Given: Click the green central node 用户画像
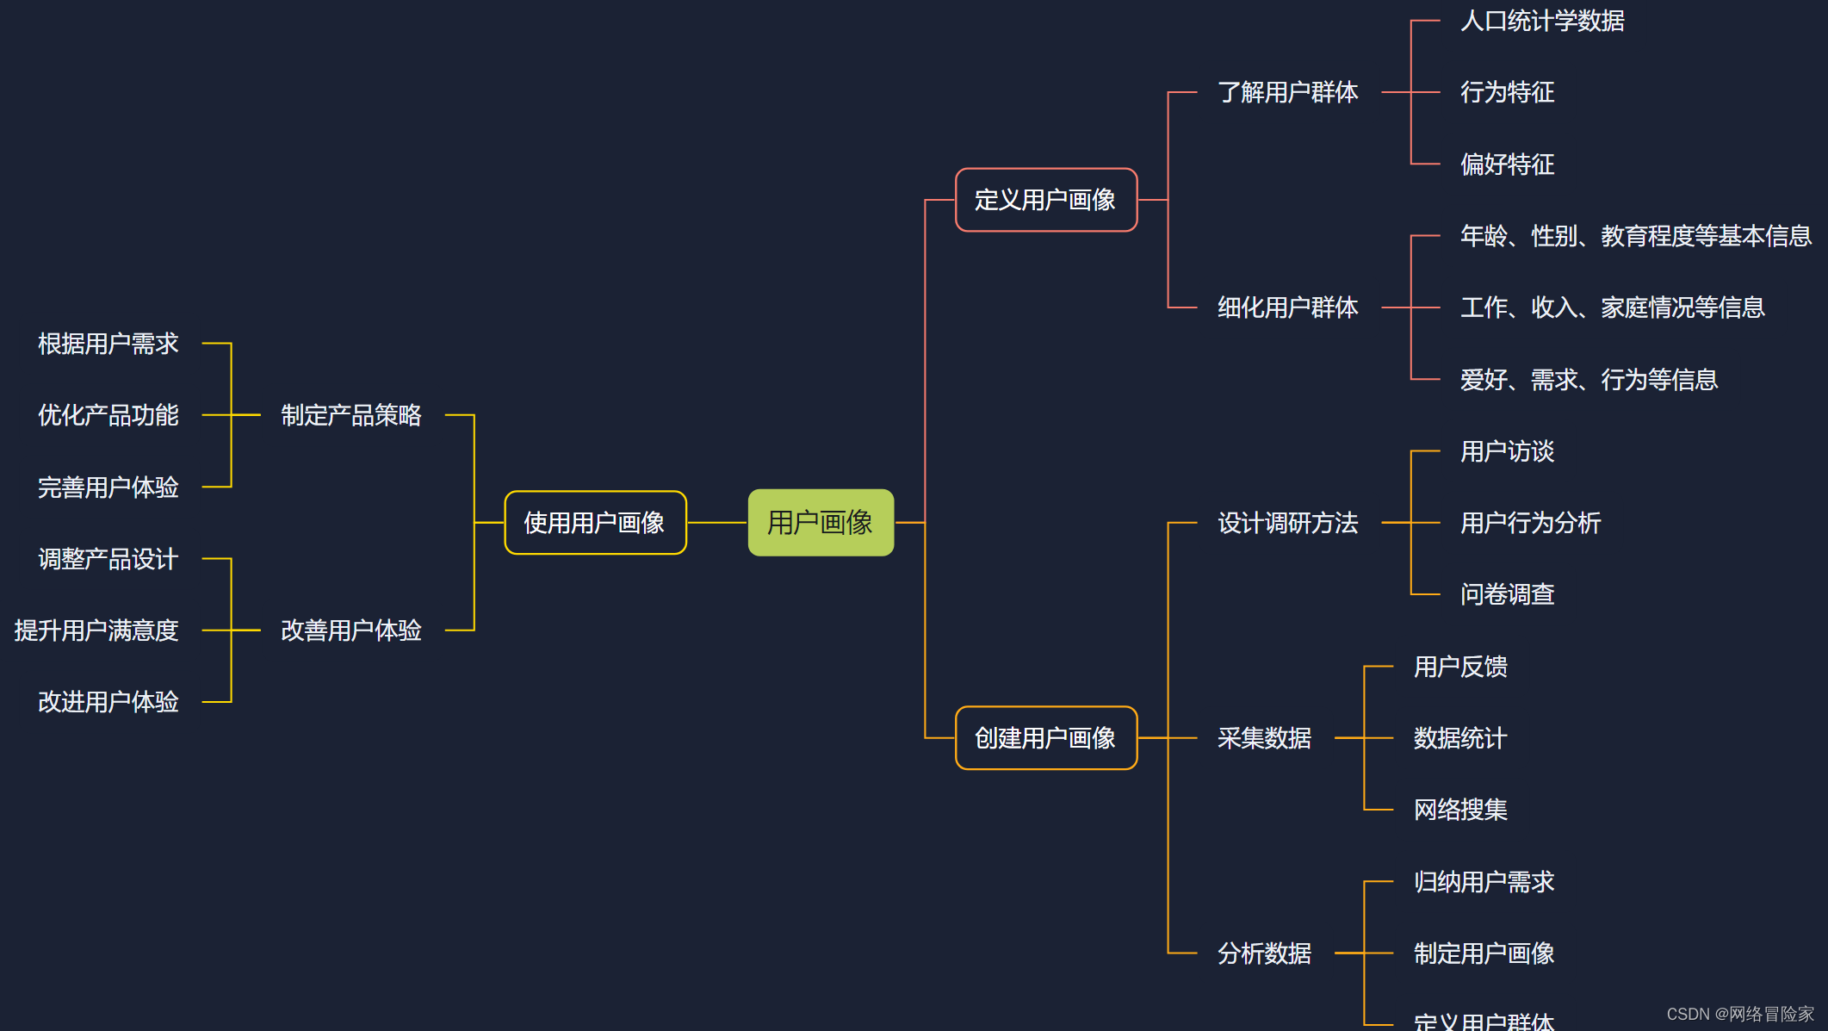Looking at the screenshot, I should [x=821, y=523].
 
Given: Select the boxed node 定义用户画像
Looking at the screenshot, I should [x=1045, y=200].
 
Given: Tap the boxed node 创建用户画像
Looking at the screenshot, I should [x=1045, y=738].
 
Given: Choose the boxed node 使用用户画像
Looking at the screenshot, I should [x=595, y=523].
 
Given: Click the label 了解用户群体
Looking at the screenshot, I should [x=1287, y=92].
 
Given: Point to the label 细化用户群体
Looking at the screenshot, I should [x=1287, y=307].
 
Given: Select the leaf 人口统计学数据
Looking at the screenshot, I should [x=1542, y=21].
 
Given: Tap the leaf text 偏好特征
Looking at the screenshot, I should [x=1507, y=165].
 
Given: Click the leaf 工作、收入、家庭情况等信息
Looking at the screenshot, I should [x=1612, y=307].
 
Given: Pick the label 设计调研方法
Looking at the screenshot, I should [x=1287, y=523].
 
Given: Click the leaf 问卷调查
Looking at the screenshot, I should [x=1507, y=594].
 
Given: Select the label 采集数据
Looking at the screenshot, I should [x=1264, y=738].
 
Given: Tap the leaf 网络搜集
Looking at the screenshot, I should [x=1460, y=810].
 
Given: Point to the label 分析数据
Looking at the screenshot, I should [x=1264, y=953].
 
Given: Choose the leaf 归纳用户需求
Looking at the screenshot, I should [x=1484, y=882].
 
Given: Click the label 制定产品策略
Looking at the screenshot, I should [x=351, y=415].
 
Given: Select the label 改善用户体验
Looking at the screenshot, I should [x=351, y=630].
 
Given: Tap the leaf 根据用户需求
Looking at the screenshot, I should [x=108, y=344].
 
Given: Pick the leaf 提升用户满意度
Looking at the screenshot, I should [x=96, y=630].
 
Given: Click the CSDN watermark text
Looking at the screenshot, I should [x=1739, y=1014].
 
